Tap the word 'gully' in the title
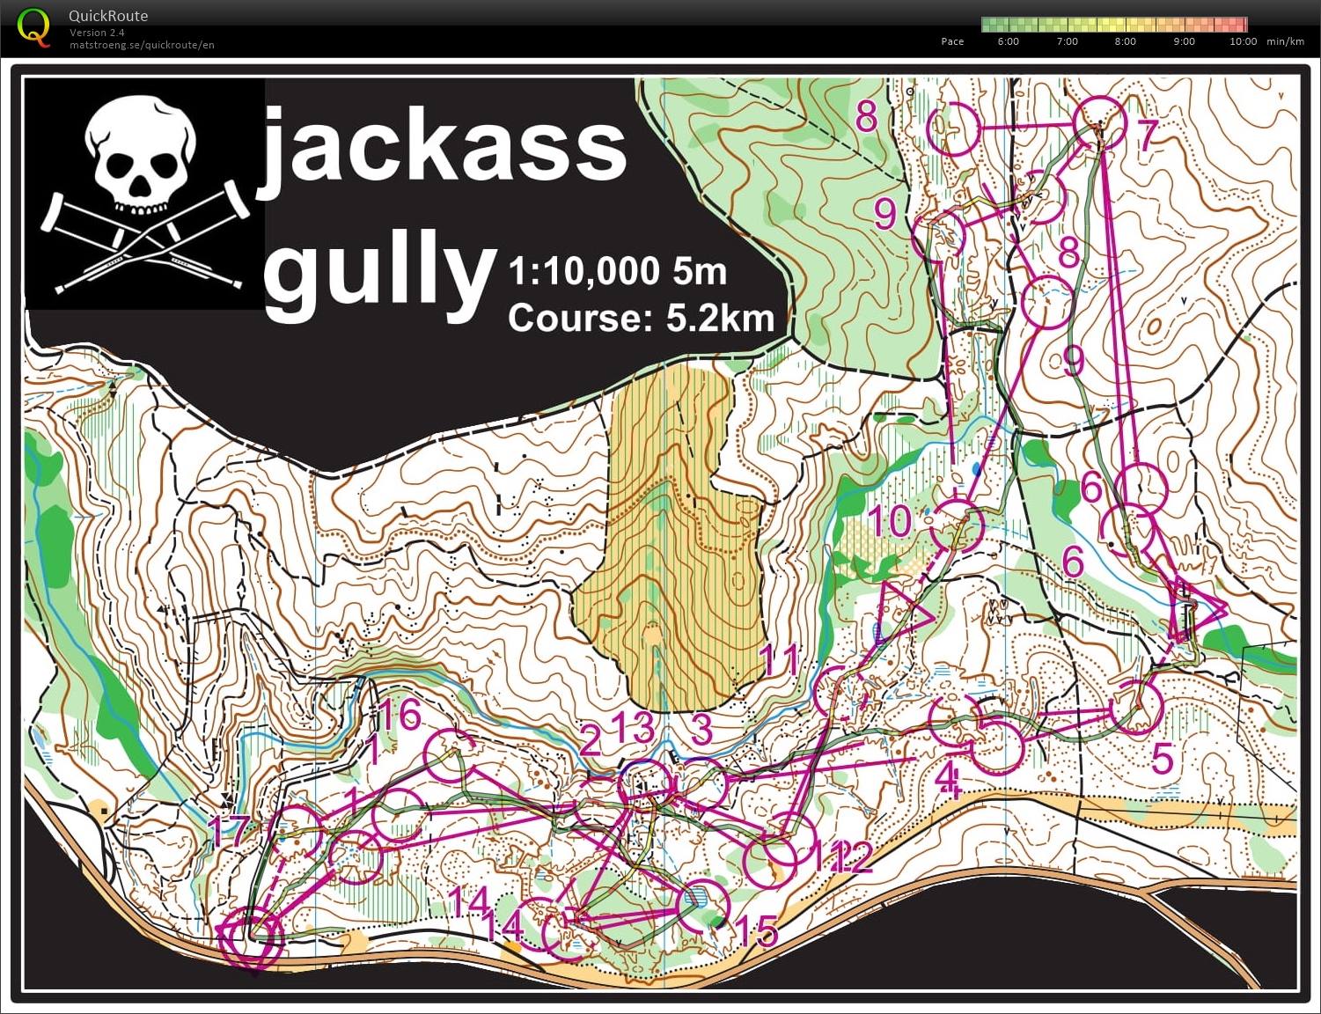(x=378, y=268)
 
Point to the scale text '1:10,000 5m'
(x=617, y=271)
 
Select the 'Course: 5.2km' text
(x=641, y=318)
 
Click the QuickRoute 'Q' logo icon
(x=33, y=26)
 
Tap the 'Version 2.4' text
(x=97, y=33)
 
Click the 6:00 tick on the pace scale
(x=1008, y=41)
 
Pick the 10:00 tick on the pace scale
(x=1243, y=41)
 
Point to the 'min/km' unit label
(x=1285, y=41)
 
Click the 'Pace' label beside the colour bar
(x=952, y=41)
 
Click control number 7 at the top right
(x=1147, y=135)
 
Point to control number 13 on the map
(x=634, y=728)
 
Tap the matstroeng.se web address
(x=142, y=45)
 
